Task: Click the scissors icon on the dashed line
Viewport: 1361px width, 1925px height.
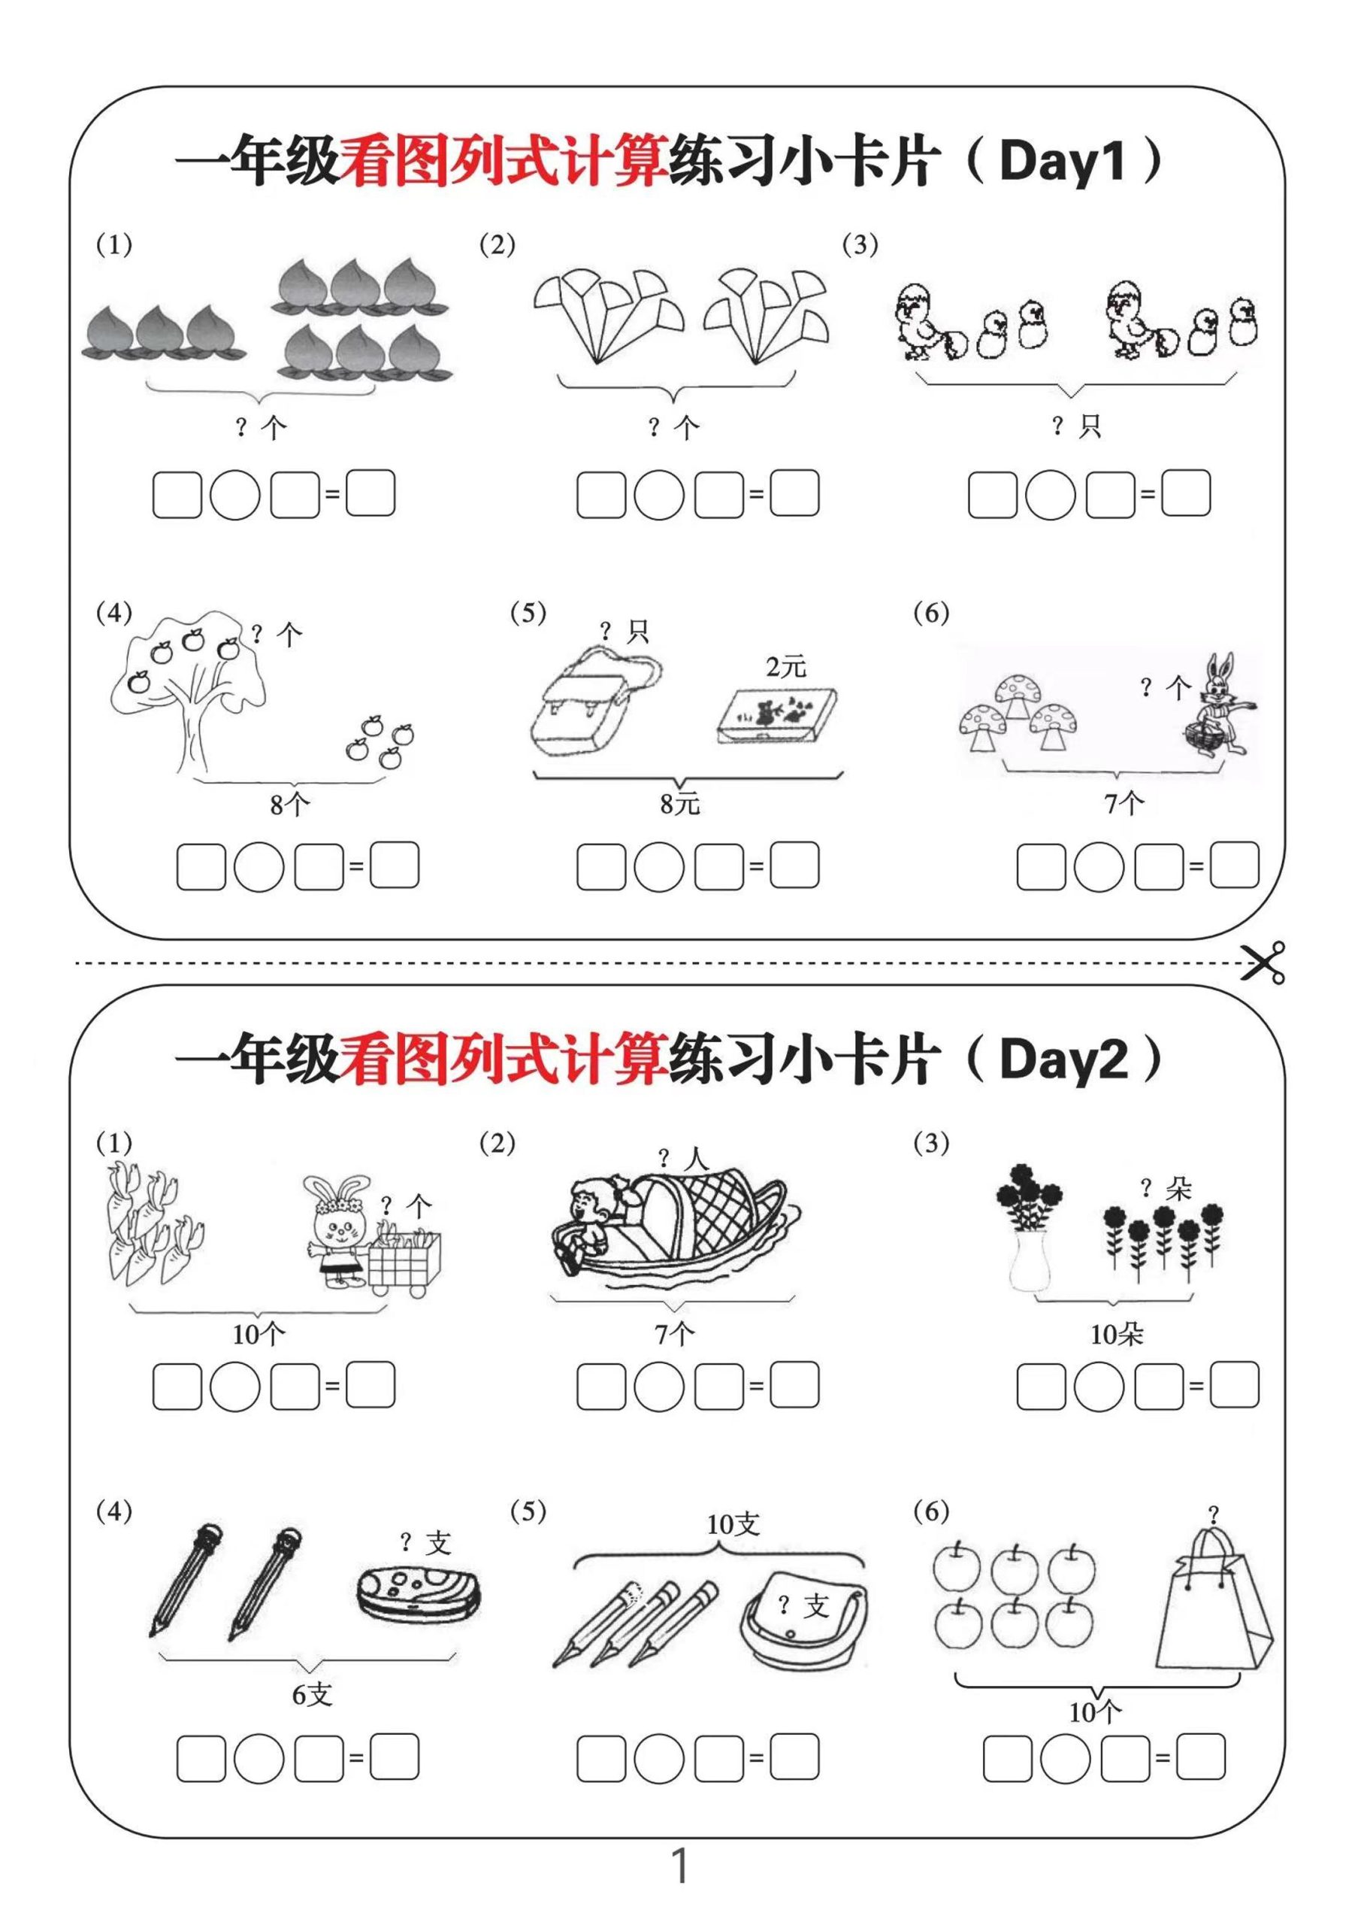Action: [x=1264, y=962]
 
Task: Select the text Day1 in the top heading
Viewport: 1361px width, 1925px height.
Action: [x=1062, y=161]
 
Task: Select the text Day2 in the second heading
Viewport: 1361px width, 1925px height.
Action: [x=1063, y=1059]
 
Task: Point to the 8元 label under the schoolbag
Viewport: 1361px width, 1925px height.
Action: [x=679, y=804]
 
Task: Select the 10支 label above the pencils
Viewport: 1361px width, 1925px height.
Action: [x=733, y=1524]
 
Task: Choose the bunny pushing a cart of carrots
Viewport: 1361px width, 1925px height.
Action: [x=340, y=1231]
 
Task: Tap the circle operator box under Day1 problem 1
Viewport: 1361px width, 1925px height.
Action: [x=234, y=495]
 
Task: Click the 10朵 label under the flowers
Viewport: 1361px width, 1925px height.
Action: [x=1116, y=1334]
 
